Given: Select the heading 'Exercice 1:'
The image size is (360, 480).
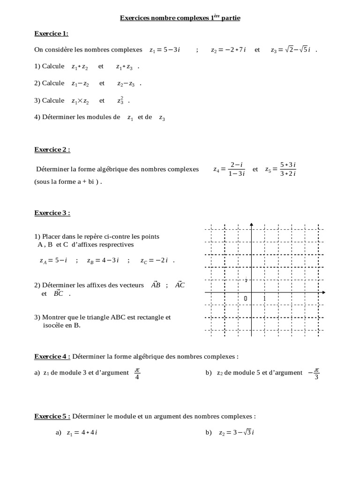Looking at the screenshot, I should [x=52, y=33].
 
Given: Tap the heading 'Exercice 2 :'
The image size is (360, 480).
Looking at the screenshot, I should [x=52, y=150].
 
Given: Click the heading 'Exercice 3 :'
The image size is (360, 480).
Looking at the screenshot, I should [x=52, y=213].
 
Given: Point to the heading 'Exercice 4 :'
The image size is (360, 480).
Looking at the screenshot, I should [x=52, y=356].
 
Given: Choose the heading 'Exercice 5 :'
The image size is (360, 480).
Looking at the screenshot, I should [x=52, y=416].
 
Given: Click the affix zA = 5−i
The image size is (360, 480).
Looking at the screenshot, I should [x=53, y=262].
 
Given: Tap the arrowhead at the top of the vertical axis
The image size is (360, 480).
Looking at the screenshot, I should [x=252, y=225].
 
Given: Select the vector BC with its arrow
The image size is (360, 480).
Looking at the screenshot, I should [x=59, y=294].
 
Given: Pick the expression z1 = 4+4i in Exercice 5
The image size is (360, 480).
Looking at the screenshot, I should [x=82, y=433].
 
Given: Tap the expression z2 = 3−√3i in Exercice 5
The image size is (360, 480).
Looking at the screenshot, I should [x=236, y=433].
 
